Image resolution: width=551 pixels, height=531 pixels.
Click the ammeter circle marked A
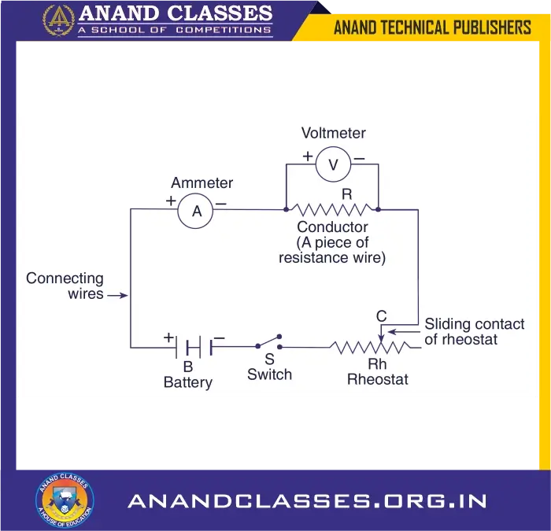[197, 211]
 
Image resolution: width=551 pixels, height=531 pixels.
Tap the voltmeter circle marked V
[333, 164]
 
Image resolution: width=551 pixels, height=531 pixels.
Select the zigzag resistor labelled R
[331, 209]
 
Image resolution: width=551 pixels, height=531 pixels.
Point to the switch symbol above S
[269, 343]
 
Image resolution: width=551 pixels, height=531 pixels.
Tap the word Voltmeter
[334, 134]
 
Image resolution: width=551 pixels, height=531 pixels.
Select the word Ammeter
[202, 183]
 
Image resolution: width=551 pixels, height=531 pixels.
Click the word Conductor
[333, 228]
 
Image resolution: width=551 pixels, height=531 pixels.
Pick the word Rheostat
[378, 380]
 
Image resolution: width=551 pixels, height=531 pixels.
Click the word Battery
[188, 383]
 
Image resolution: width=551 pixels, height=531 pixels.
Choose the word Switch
[269, 374]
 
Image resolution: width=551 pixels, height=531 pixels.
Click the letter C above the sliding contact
[382, 316]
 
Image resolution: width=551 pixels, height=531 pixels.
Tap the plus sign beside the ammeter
[171, 201]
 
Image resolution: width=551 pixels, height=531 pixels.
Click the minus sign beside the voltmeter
[359, 157]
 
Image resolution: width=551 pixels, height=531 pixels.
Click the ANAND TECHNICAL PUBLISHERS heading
[432, 28]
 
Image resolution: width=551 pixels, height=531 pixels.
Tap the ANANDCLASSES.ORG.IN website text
[307, 501]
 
